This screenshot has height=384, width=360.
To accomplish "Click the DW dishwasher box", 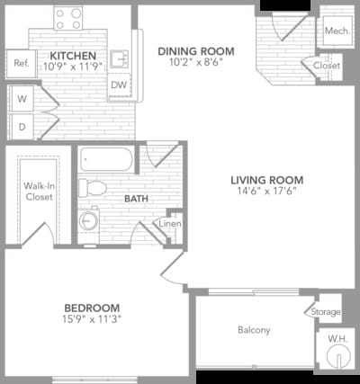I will coord(118,85).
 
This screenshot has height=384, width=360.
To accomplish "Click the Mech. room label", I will coord(337,31).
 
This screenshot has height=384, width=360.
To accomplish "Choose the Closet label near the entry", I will coord(327,66).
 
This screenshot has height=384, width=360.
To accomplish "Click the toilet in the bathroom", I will coord(92,188).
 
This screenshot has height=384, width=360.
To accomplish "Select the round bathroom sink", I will coord(89,219).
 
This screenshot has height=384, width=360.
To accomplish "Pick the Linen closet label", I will coord(170,224).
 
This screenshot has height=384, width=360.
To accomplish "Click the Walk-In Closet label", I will coord(38,191).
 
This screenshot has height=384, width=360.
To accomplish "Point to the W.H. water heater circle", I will coord(338,354).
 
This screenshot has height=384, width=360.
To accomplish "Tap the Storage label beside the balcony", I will coord(326,311).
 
